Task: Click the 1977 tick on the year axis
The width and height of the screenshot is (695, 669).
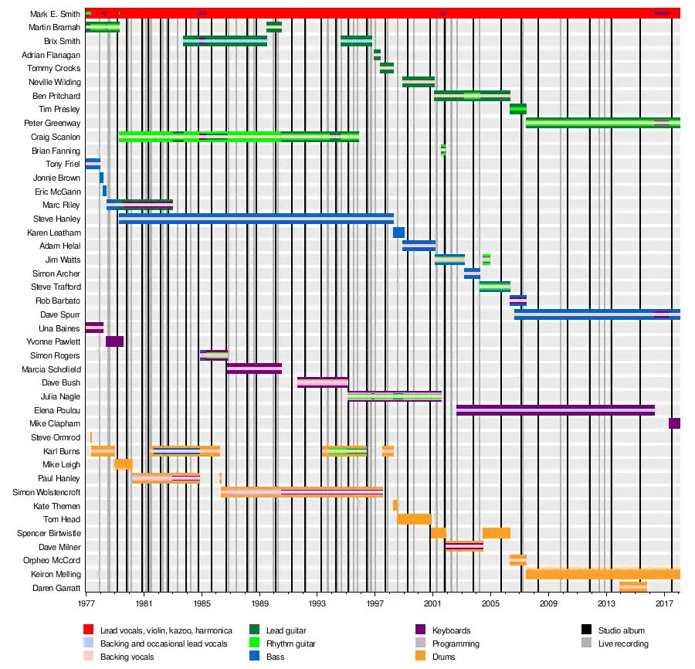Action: [x=86, y=603]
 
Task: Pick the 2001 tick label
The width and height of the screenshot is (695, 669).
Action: [x=432, y=603]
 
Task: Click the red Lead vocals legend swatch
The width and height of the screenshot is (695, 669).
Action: [x=89, y=631]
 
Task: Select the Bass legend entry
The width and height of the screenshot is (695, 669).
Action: [x=276, y=657]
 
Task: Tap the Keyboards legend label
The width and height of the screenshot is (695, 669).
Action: [x=451, y=631]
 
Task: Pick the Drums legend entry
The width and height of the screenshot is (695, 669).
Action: [x=443, y=657]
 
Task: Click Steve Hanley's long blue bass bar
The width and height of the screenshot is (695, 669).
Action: [x=255, y=219]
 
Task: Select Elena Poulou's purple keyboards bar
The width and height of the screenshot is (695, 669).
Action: [x=555, y=410]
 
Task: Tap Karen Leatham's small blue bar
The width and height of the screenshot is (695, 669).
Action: [x=398, y=233]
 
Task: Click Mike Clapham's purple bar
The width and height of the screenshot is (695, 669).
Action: [x=674, y=423]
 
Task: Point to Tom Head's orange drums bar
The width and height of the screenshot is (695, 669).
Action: [x=414, y=519]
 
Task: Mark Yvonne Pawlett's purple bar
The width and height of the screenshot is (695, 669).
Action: [x=114, y=341]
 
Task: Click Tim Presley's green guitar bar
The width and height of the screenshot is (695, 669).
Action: [x=517, y=109]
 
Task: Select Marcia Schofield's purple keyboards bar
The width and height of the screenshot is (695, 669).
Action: [x=254, y=368]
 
